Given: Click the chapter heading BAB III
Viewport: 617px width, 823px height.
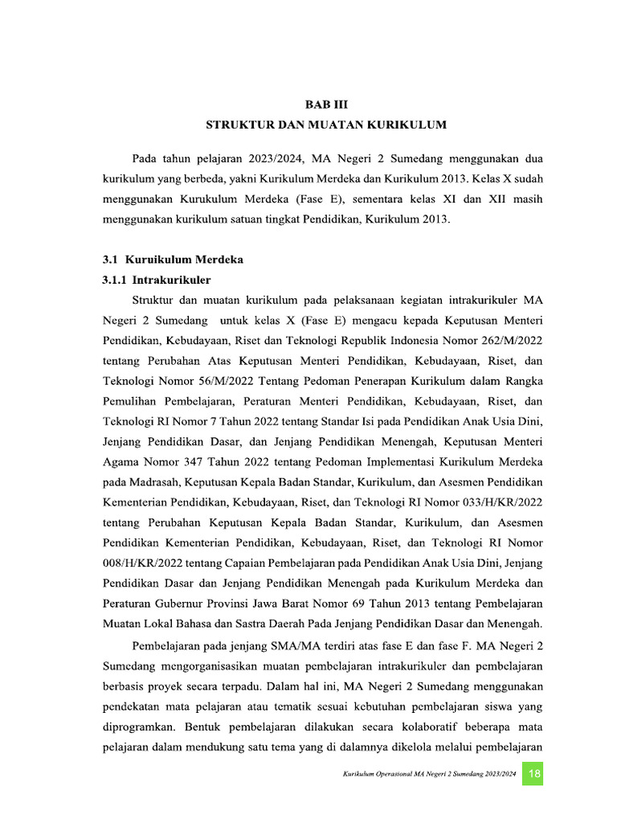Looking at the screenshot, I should tap(325, 104).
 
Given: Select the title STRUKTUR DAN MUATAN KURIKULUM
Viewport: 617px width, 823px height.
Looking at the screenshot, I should tap(325, 125).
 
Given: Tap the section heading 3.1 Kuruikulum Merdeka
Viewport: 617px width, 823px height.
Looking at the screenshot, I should tap(173, 260).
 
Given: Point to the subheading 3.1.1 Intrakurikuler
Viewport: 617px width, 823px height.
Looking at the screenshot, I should tap(157, 280).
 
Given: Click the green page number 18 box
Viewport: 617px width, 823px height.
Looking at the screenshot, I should tap(534, 774).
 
